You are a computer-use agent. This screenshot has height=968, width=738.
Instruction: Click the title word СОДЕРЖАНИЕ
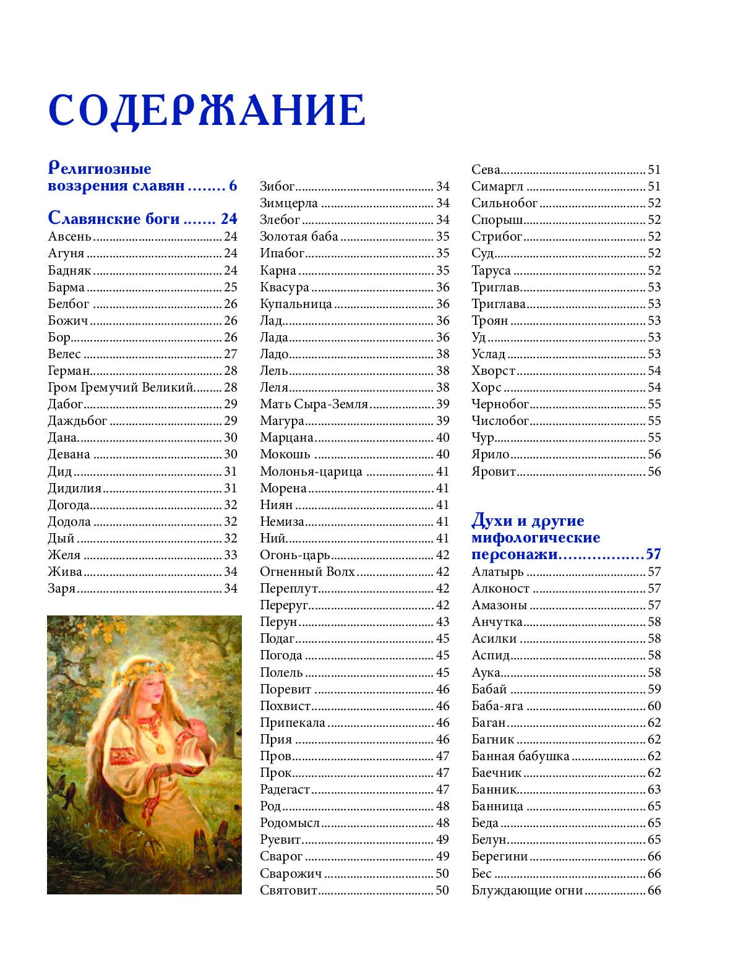207,111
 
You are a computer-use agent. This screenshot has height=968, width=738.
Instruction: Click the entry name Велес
64,354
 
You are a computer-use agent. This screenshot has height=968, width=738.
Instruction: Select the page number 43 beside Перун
442,622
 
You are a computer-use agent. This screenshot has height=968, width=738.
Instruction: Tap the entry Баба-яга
497,706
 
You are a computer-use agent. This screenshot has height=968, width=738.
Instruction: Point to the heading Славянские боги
114,218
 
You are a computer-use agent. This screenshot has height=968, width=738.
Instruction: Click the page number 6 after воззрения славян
233,186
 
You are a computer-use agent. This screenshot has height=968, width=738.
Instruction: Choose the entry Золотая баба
299,236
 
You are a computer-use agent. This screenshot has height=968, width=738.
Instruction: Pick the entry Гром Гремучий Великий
121,388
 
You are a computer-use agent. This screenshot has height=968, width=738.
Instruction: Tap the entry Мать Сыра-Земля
314,405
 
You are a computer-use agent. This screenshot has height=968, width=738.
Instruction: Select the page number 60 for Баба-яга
654,706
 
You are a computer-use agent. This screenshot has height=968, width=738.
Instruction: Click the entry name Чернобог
500,405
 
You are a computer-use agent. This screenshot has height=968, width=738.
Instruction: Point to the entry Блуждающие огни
527,890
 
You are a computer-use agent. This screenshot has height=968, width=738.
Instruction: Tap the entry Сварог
281,857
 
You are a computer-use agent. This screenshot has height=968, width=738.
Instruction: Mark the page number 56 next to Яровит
654,471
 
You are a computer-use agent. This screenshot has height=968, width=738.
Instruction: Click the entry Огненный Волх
307,572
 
